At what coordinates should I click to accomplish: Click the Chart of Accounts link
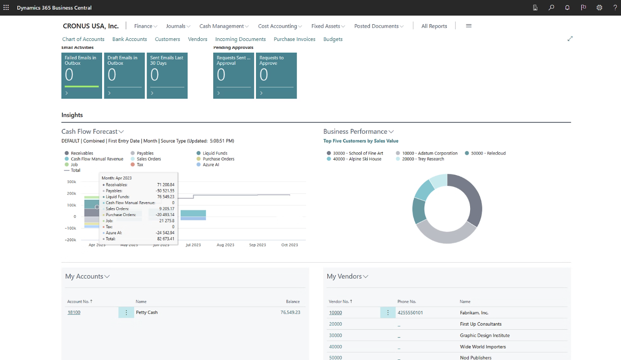coord(83,39)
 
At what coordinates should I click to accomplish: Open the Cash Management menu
coord(222,26)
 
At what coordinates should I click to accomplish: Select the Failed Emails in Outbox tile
coord(81,75)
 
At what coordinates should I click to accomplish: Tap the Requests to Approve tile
coord(276,75)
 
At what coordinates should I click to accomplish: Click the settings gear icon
coord(599,7)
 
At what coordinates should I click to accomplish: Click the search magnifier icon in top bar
coord(551,7)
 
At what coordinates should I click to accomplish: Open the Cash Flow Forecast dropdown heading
coord(92,132)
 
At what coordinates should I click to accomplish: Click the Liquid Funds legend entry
coord(215,153)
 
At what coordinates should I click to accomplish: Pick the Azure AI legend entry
coord(211,165)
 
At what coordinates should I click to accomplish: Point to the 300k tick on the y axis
coord(71,182)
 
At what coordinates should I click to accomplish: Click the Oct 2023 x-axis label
coord(289,245)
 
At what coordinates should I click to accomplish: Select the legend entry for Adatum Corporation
coord(430,153)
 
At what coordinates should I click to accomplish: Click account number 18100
coord(74,312)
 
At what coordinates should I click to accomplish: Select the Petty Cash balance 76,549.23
coord(290,312)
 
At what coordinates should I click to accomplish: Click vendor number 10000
coord(335,313)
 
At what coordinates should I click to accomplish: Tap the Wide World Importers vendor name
coord(482,347)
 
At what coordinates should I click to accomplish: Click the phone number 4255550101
coord(409,313)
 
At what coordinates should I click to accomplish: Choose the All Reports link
coord(434,26)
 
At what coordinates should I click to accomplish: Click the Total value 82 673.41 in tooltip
coord(165,239)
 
